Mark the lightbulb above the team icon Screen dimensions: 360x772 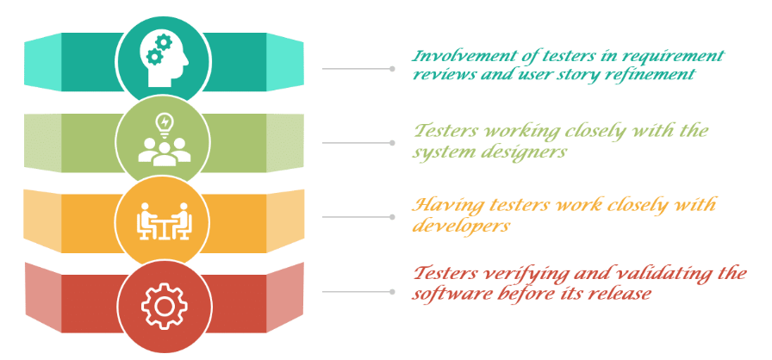click(162, 121)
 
